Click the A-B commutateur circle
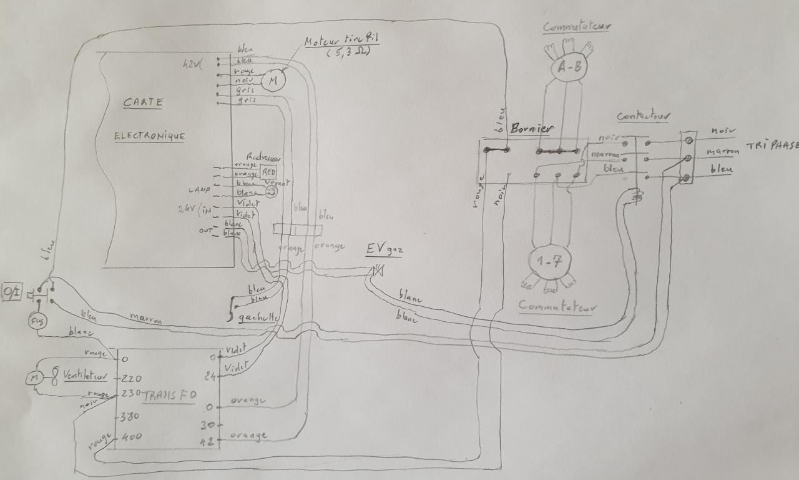pyautogui.click(x=568, y=68)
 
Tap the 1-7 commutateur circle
pyautogui.click(x=547, y=262)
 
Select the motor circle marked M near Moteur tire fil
pyautogui.click(x=272, y=80)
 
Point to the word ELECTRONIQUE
pyautogui.click(x=149, y=136)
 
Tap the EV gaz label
pyautogui.click(x=384, y=251)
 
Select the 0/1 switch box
pyautogui.click(x=11, y=292)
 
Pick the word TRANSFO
pyautogui.click(x=170, y=396)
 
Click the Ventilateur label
pyautogui.click(x=85, y=377)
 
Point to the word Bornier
pyautogui.click(x=531, y=129)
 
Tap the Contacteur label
pyautogui.click(x=644, y=116)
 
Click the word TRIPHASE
pyautogui.click(x=772, y=146)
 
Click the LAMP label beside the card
pyautogui.click(x=200, y=189)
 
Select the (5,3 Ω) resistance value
pyautogui.click(x=348, y=52)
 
